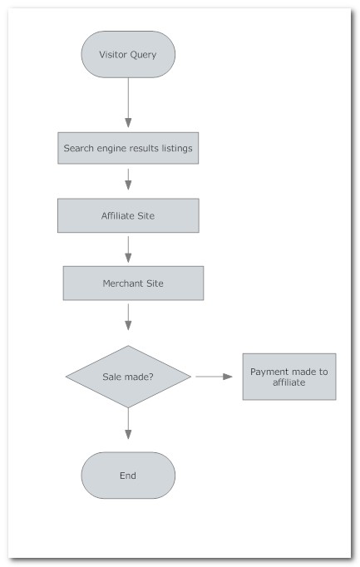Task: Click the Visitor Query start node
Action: click(128, 54)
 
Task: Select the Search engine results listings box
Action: click(128, 148)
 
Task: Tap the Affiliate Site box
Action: click(128, 215)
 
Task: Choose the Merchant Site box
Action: click(133, 283)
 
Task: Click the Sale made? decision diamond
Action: click(128, 377)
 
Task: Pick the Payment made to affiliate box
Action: click(289, 377)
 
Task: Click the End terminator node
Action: click(128, 476)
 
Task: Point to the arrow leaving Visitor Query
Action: click(128, 102)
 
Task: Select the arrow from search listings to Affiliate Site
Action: click(128, 179)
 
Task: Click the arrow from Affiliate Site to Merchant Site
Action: click(128, 249)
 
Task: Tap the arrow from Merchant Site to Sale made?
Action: click(128, 317)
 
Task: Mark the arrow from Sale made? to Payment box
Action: click(214, 377)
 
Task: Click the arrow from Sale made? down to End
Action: click(128, 423)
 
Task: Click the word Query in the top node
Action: click(143, 55)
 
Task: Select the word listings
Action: click(177, 148)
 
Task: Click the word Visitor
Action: click(113, 54)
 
